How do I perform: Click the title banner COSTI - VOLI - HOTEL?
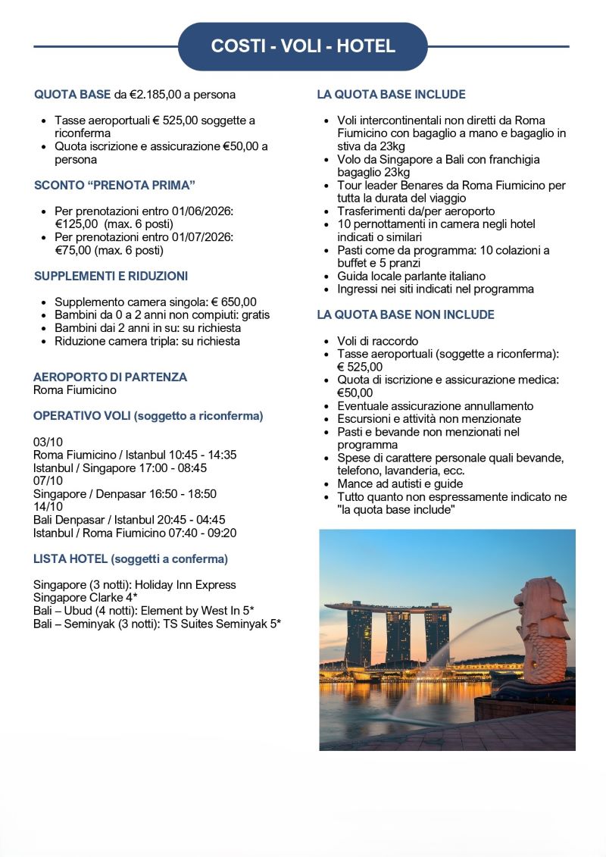tap(303, 46)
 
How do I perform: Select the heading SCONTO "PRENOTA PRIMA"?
tap(110, 185)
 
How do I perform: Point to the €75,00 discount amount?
tap(71, 250)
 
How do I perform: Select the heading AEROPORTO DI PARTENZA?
tap(110, 377)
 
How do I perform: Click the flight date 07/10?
tap(48, 481)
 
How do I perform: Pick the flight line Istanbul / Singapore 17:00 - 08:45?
tap(120, 468)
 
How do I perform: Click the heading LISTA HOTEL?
tap(70, 559)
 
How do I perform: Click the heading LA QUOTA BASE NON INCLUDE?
tap(405, 314)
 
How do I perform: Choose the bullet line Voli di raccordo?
tap(377, 341)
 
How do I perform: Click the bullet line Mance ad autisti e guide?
tap(400, 483)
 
